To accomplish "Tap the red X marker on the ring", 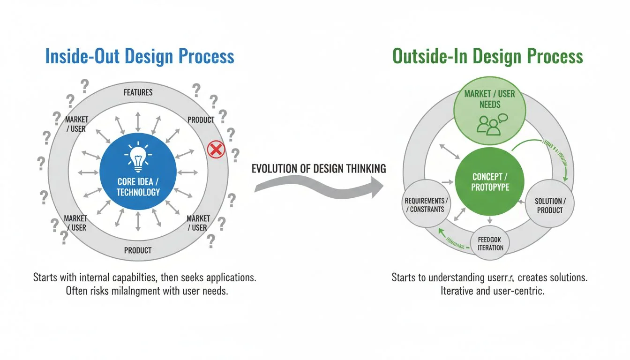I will pos(216,150).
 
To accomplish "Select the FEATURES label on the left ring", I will pos(138,92).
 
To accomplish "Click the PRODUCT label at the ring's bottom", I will pos(138,250).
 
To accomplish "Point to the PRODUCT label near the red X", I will pos(201,120).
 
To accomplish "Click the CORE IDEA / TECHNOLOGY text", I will pos(138,187).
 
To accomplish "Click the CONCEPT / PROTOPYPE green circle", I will pos(490,182).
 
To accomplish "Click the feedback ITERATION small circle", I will pos(490,243).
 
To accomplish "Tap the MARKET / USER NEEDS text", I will pos(490,98).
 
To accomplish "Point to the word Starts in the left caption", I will pos(45,277).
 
